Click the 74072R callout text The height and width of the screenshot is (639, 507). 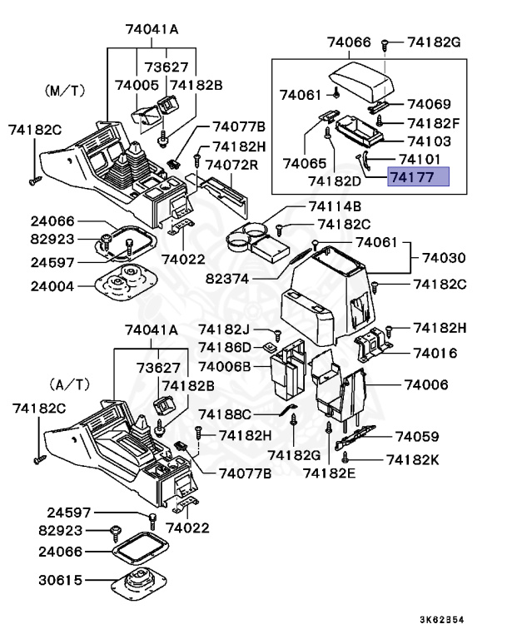(232, 164)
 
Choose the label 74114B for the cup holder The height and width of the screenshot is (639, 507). (334, 206)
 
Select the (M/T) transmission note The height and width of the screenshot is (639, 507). (64, 88)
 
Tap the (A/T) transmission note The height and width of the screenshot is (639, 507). (68, 385)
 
